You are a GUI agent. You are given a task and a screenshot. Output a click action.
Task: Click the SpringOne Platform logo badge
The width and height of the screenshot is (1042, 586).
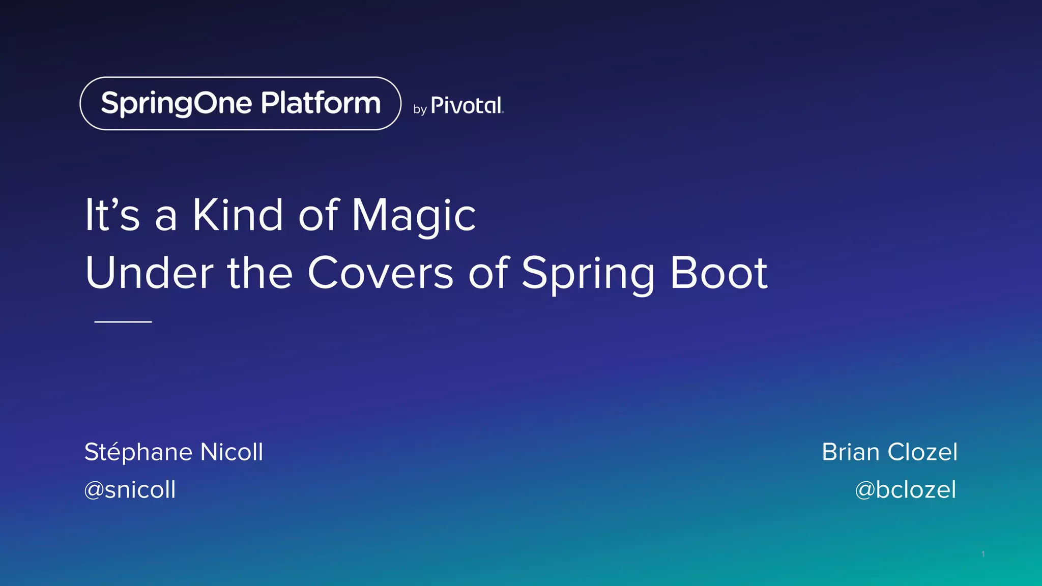click(x=240, y=103)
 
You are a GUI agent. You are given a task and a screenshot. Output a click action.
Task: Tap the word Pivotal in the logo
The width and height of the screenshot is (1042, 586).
click(x=467, y=106)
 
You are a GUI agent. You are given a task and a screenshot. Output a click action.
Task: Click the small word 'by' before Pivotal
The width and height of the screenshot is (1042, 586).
click(x=420, y=109)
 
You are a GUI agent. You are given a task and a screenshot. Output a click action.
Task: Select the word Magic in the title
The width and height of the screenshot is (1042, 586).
click(x=414, y=216)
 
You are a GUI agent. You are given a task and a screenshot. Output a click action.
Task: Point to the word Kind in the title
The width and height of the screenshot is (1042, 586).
click(x=238, y=215)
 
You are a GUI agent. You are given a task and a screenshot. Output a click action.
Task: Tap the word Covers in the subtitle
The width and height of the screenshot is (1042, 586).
click(x=380, y=273)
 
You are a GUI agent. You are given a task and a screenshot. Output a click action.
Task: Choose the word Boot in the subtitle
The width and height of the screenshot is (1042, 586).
click(x=718, y=273)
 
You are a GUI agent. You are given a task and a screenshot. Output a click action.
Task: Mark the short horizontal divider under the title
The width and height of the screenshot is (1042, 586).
click(x=123, y=321)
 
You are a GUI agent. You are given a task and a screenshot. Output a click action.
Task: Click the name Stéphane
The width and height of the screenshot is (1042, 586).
click(x=138, y=452)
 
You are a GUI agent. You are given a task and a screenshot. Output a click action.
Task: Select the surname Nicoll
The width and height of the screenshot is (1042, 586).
click(x=232, y=452)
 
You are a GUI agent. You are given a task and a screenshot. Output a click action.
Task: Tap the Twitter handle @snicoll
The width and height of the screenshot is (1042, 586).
click(x=130, y=490)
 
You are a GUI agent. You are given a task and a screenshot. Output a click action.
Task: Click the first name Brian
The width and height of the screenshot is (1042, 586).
click(x=851, y=452)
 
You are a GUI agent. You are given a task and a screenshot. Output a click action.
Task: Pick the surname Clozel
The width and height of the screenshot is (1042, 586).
click(x=922, y=452)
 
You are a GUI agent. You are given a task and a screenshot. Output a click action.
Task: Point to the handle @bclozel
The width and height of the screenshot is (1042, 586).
click(x=906, y=490)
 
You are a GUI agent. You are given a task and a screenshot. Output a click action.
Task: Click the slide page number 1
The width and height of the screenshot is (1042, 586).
click(x=983, y=554)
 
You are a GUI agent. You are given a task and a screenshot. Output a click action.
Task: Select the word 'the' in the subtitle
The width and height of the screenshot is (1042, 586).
click(x=259, y=273)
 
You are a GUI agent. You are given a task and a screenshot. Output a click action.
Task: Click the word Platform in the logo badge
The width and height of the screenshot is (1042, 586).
click(x=321, y=103)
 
